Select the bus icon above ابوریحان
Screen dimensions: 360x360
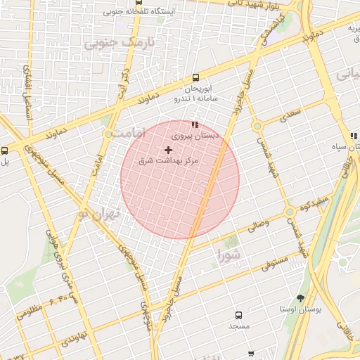[195, 78]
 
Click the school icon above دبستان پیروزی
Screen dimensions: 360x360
[195, 124]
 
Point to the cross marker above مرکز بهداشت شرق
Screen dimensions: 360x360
[168, 150]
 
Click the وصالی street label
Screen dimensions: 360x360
[256, 226]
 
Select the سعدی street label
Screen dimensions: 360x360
[292, 112]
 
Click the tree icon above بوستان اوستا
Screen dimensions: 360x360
[300, 298]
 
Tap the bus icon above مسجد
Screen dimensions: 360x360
[238, 316]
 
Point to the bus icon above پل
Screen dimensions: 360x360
[5, 150]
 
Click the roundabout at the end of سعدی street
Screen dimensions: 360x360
[257, 126]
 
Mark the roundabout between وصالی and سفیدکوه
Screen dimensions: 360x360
[289, 211]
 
